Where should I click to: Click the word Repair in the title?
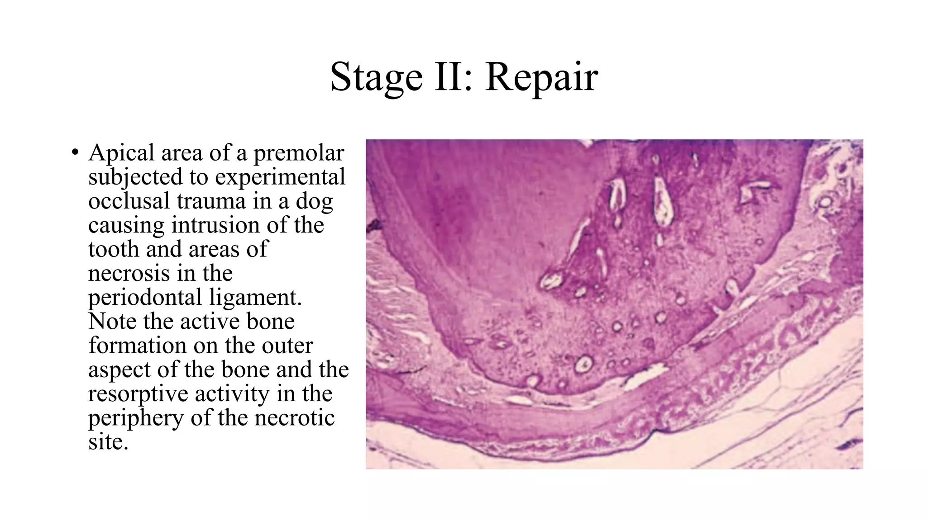coord(541,77)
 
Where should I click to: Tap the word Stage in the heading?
coord(376,77)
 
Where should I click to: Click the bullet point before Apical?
coord(75,152)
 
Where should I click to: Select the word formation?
coord(138,346)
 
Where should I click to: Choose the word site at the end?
coord(108,442)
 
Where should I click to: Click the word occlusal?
coord(129,201)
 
